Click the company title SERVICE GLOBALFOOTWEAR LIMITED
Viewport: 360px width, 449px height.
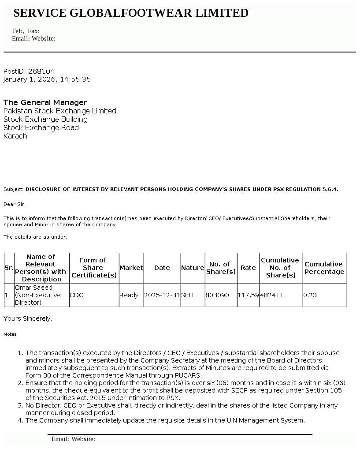131,13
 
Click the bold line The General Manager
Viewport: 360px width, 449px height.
45,102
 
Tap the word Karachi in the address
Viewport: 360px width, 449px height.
16,136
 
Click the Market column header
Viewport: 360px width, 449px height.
131,268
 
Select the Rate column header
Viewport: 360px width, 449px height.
248,268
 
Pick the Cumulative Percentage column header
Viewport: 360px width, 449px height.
324,268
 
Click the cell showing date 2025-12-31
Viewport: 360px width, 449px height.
162,295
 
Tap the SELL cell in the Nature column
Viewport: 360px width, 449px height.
188,295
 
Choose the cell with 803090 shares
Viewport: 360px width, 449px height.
217,295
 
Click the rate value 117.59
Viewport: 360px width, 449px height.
248,295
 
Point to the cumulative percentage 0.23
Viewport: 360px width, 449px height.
310,295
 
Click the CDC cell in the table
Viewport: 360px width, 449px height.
76,295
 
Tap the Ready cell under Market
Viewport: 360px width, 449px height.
129,295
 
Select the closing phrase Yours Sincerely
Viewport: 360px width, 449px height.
27,318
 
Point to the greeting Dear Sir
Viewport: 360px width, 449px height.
15,204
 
